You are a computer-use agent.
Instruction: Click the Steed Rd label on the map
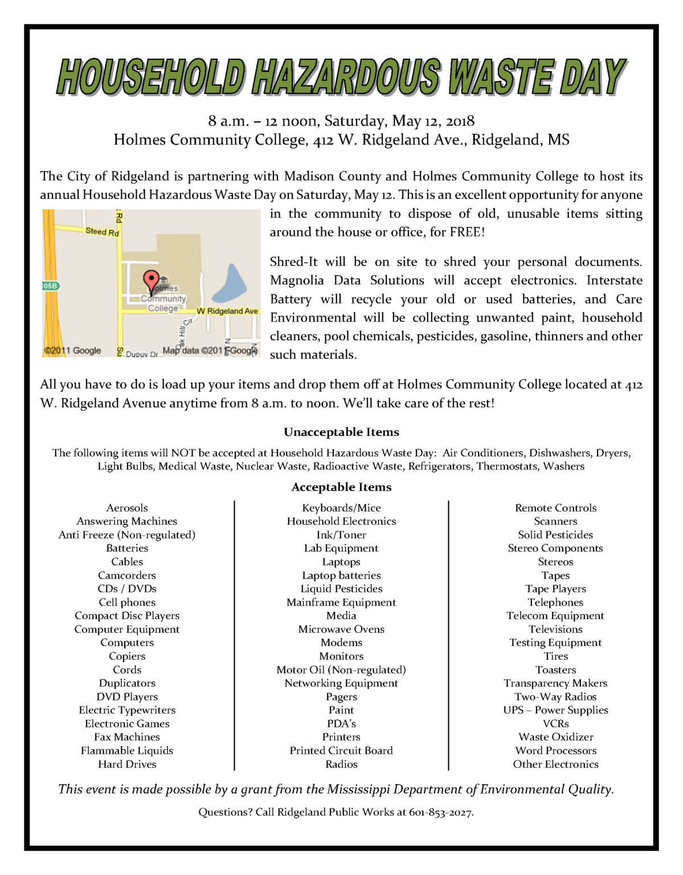pyautogui.click(x=102, y=231)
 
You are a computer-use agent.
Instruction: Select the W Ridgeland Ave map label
pyautogui.click(x=227, y=311)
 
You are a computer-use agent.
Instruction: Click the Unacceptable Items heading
pyautogui.click(x=341, y=432)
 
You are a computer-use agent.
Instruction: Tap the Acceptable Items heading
pyautogui.click(x=341, y=487)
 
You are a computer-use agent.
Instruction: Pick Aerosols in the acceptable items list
pyautogui.click(x=127, y=508)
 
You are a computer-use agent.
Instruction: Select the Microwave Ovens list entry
pyautogui.click(x=341, y=629)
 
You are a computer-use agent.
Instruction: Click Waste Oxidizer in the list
pyautogui.click(x=555, y=737)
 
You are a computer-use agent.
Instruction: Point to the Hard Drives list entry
pyautogui.click(x=127, y=764)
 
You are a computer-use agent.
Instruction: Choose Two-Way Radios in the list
pyautogui.click(x=555, y=696)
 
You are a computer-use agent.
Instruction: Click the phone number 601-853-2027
pyautogui.click(x=441, y=812)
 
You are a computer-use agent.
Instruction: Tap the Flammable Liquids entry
pyautogui.click(x=127, y=750)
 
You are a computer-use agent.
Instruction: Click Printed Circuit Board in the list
pyautogui.click(x=341, y=750)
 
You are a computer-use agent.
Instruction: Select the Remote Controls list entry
pyautogui.click(x=555, y=508)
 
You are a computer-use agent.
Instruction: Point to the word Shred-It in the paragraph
pyautogui.click(x=293, y=262)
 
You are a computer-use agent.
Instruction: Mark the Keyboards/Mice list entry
pyautogui.click(x=341, y=508)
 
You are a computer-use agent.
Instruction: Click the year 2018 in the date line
pyautogui.click(x=460, y=121)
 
